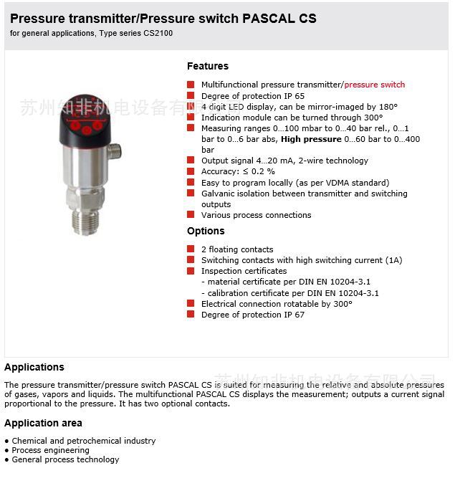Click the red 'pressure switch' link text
point(374,85)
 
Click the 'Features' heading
point(208,66)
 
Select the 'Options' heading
point(206,231)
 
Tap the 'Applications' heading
point(34,367)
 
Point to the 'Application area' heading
point(43,423)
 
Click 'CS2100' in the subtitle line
point(157,33)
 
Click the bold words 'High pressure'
point(311,139)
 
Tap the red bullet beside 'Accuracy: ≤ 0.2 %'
point(191,171)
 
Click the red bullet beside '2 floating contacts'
point(191,249)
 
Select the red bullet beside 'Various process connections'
point(191,215)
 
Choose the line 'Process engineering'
point(50,450)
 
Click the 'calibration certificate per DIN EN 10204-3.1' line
point(293,293)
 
